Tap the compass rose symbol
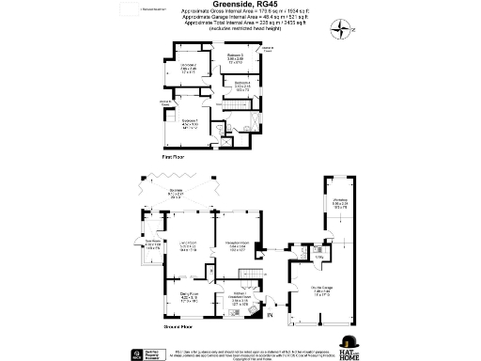[x=340, y=32]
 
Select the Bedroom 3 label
[x=235, y=59]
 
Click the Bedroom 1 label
[x=190, y=121]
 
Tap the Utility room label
[x=318, y=258]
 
